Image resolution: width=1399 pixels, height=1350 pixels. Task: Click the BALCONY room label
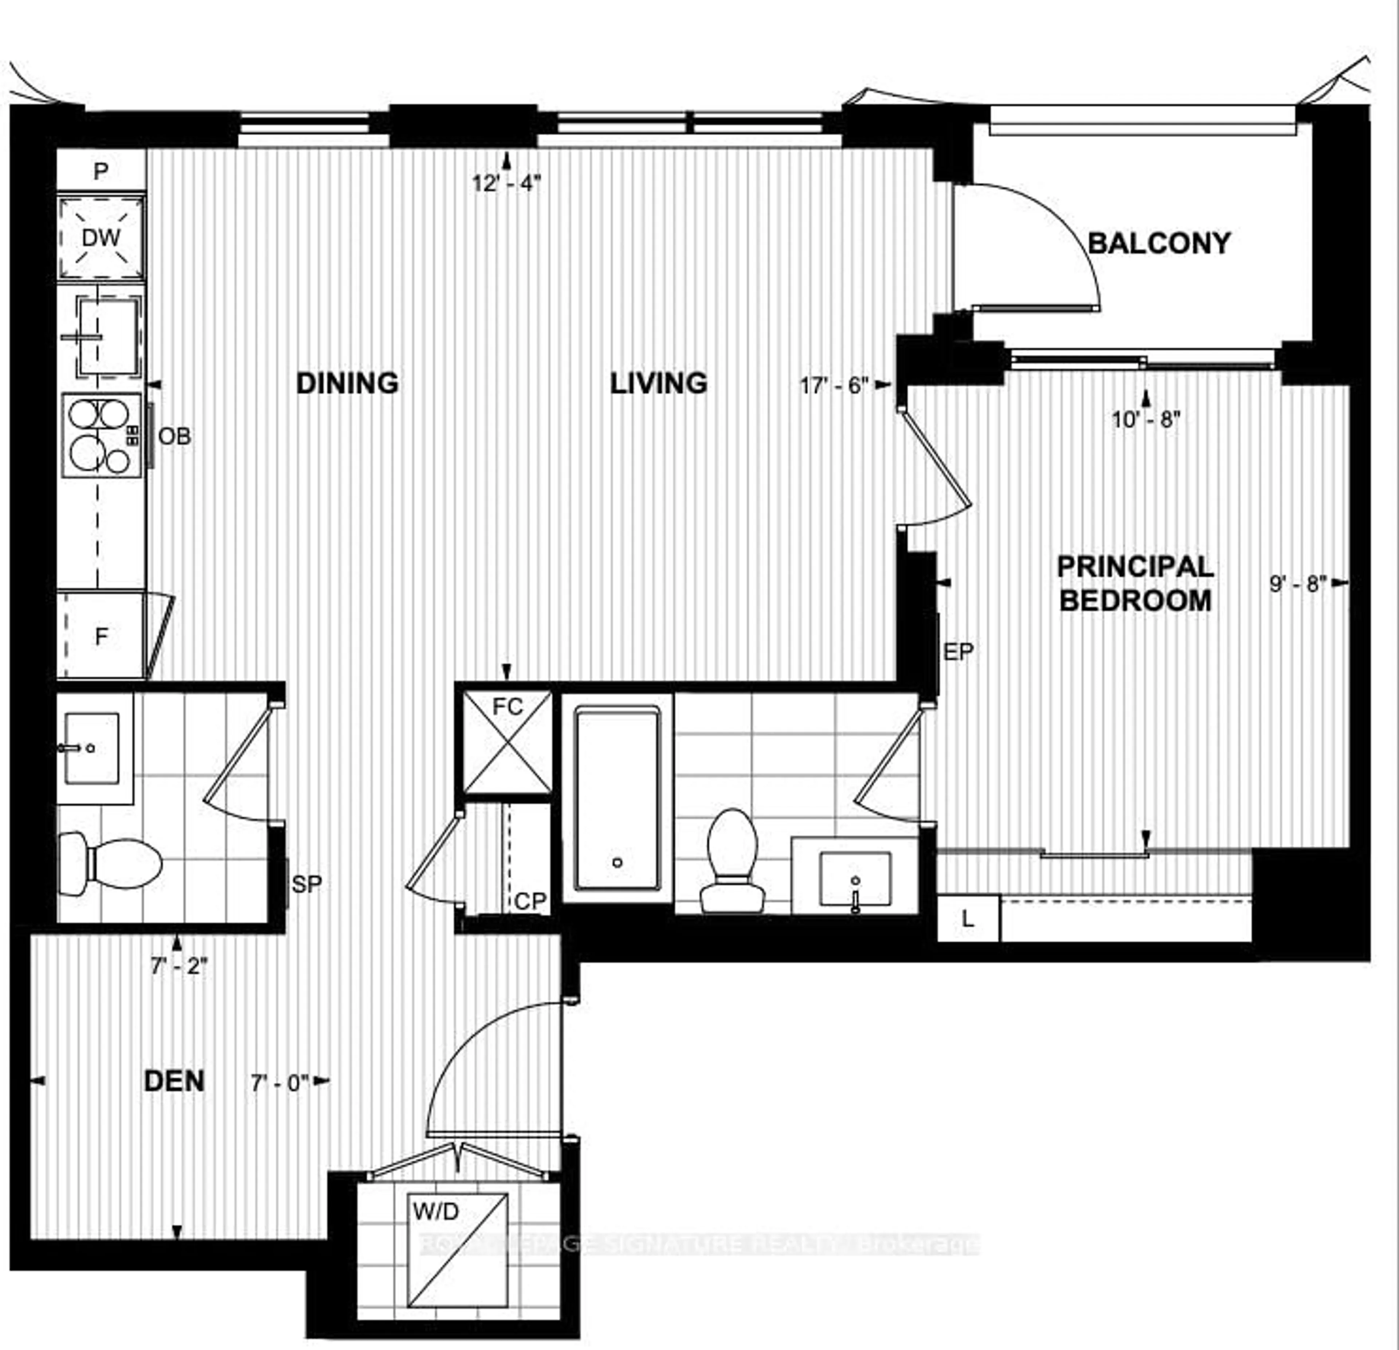(x=1159, y=243)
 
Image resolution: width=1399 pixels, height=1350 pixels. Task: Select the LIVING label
(x=658, y=383)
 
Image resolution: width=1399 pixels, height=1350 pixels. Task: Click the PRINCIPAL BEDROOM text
(x=1135, y=583)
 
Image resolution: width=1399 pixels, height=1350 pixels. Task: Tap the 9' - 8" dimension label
(x=1298, y=583)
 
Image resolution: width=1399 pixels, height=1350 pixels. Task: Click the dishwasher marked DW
(x=101, y=238)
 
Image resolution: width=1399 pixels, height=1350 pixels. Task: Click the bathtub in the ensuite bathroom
(x=618, y=798)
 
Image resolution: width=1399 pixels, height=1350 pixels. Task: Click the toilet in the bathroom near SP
(x=111, y=864)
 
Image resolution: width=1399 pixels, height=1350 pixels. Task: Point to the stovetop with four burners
(x=101, y=435)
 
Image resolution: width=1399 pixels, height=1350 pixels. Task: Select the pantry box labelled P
(x=101, y=171)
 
